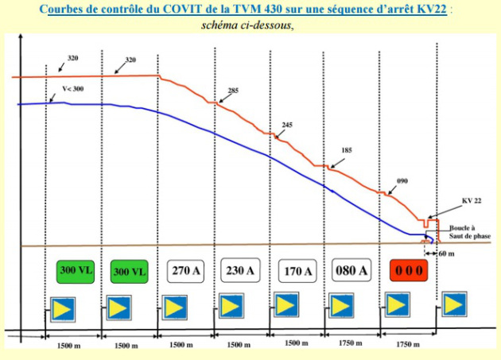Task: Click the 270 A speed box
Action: coord(187,270)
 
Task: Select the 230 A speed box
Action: coord(241,270)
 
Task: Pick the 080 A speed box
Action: coord(352,270)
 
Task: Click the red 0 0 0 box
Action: coord(410,270)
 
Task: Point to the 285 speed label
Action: coord(233,91)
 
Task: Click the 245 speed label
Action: coord(287,125)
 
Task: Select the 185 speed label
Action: coord(346,150)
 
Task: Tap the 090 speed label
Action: coord(402,181)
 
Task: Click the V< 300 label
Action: coord(72,88)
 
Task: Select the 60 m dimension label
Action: coord(452,254)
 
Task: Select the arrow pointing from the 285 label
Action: coord(219,96)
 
